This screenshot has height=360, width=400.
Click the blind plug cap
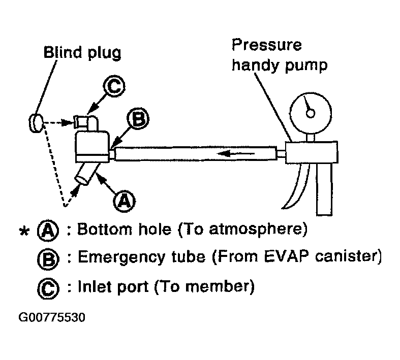35,122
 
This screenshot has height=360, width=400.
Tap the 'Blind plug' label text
82,53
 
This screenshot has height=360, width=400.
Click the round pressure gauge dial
310,111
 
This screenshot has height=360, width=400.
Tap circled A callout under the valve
122,202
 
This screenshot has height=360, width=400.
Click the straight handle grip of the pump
325,187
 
